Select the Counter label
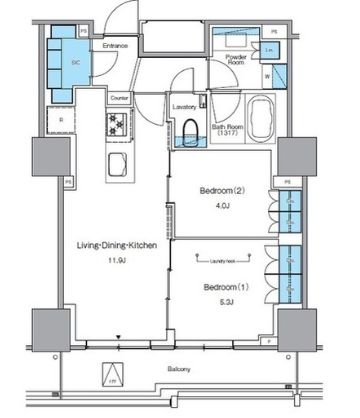click(x=118, y=98)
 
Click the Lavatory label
click(x=184, y=105)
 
